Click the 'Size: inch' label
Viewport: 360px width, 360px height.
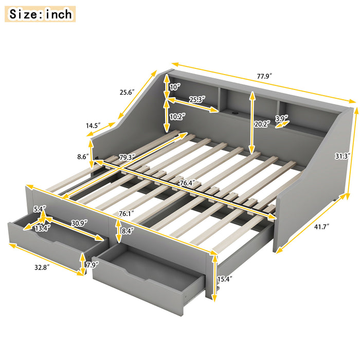click(41, 14)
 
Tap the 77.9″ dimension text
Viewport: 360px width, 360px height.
click(263, 76)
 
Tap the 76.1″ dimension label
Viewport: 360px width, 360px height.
click(131, 213)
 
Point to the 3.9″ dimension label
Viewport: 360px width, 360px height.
click(282, 119)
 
